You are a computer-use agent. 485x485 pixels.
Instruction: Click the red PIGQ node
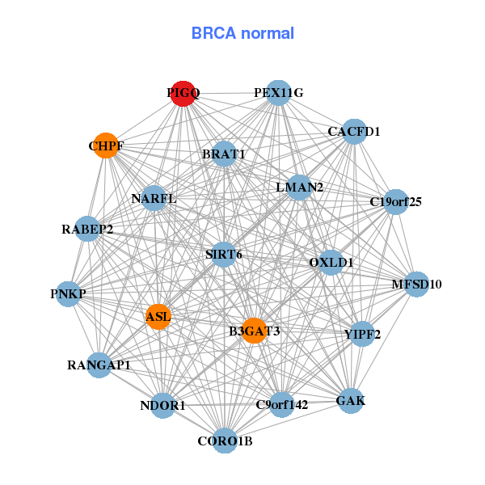(183, 94)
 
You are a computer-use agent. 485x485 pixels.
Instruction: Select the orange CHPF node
(106, 146)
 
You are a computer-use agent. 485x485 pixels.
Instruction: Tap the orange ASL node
(158, 316)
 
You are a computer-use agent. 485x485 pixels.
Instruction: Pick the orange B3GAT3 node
(254, 330)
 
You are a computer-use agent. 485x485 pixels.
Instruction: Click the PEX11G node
(278, 93)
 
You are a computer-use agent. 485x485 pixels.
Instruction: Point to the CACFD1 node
(354, 131)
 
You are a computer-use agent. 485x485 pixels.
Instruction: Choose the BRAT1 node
(224, 154)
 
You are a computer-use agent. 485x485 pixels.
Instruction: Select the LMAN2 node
(299, 188)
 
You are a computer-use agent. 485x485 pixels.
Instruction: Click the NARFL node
(154, 198)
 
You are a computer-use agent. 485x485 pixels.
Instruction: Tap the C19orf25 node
(395, 201)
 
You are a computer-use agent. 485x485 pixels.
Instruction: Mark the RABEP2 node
(87, 229)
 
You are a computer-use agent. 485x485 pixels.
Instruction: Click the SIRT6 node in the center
(224, 255)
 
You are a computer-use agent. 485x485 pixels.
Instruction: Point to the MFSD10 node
(416, 284)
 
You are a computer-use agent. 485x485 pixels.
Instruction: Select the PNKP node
(68, 293)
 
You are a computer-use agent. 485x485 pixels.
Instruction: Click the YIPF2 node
(362, 333)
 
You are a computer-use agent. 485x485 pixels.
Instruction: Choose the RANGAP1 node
(99, 365)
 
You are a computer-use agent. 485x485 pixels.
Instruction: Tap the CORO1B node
(226, 441)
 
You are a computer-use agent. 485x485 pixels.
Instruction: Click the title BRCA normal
(242, 34)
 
